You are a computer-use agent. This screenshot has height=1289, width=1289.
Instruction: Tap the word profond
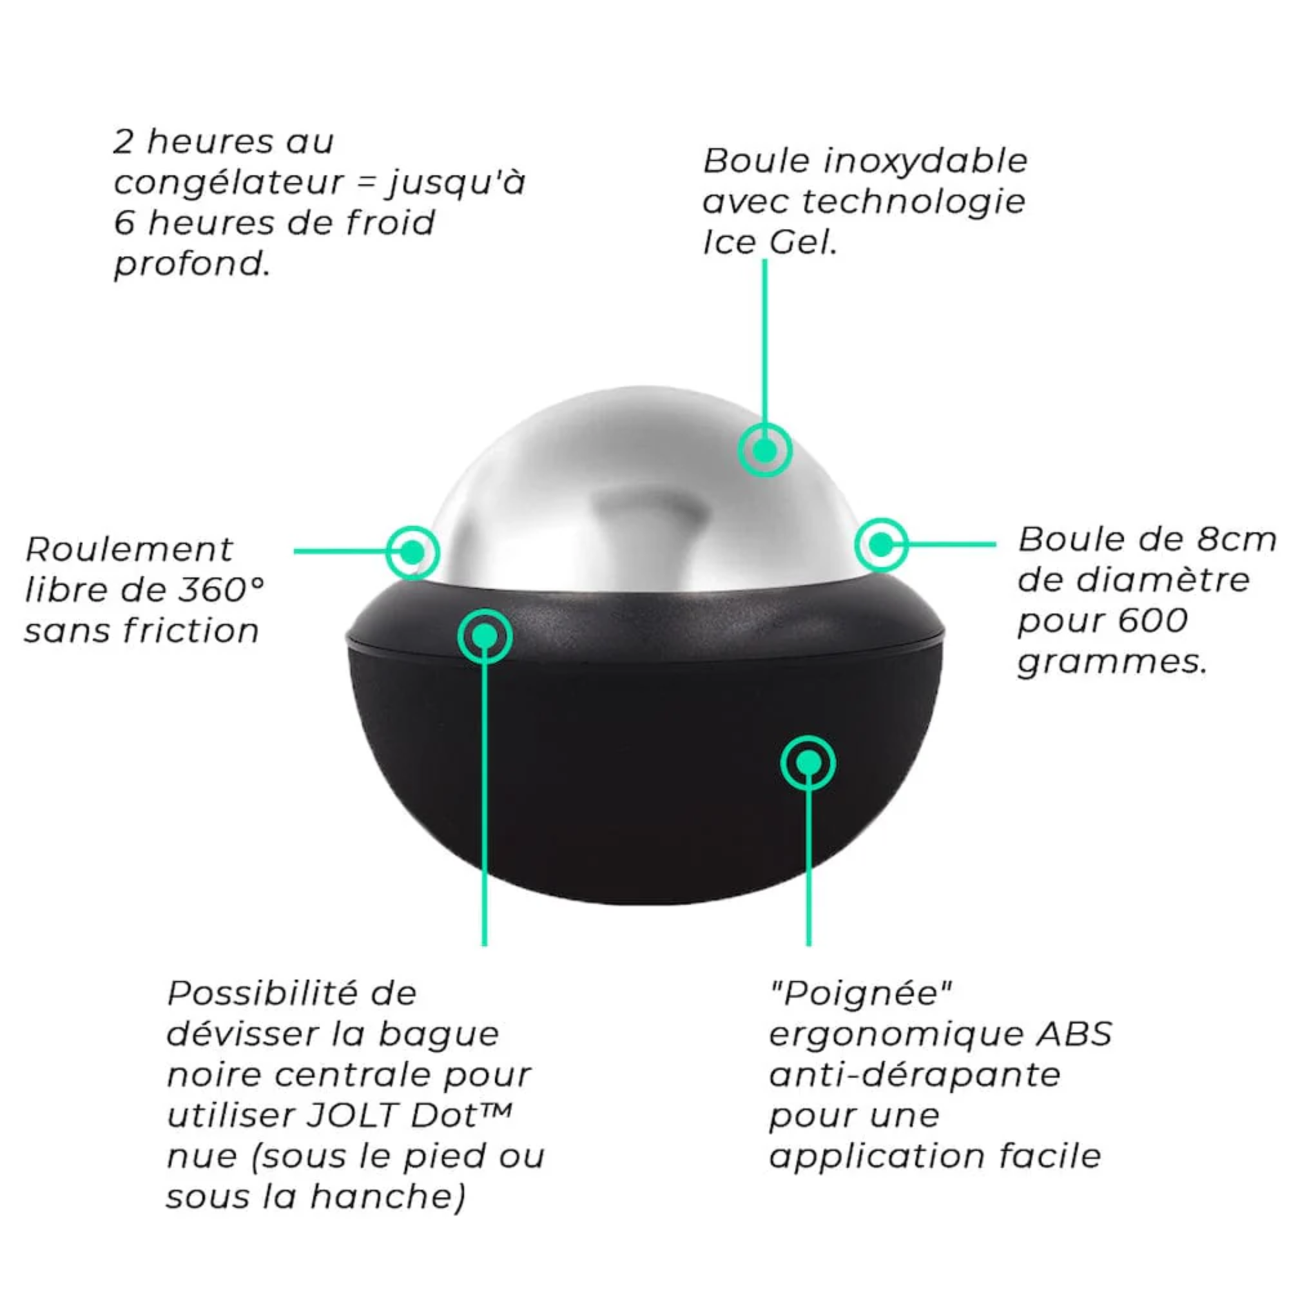(192, 264)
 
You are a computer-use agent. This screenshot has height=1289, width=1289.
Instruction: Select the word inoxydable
(926, 162)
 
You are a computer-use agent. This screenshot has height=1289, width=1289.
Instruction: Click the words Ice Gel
(770, 243)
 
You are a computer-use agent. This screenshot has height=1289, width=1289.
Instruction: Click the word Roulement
(129, 550)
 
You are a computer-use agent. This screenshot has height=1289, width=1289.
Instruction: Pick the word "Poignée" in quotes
(860, 993)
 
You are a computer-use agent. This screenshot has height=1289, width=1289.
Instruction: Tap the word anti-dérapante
(915, 1075)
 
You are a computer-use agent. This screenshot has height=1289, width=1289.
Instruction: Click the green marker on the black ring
(485, 636)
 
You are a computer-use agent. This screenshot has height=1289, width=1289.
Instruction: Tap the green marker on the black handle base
(808, 762)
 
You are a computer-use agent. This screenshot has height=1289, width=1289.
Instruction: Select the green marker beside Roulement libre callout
(413, 552)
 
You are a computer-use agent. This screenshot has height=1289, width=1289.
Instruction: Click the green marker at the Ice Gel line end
(764, 450)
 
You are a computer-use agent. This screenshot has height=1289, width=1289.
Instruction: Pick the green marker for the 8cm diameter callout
(881, 545)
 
